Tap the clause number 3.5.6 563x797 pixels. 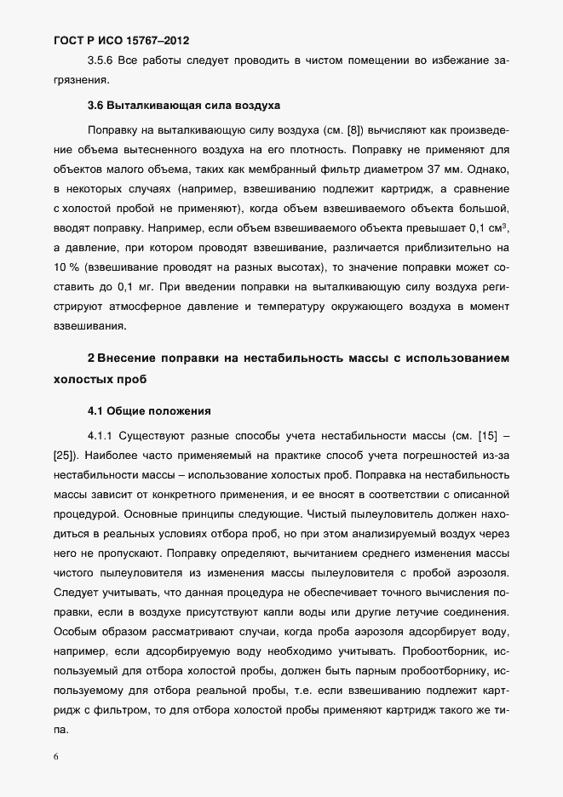[x=102, y=59]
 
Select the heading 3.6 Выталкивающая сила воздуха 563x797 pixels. [x=184, y=106]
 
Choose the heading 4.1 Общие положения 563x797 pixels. [x=149, y=411]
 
